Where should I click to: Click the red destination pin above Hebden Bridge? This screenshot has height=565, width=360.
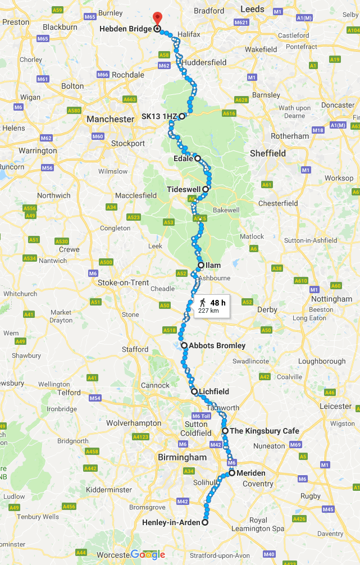tap(157, 17)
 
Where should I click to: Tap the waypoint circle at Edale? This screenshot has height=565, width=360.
tap(198, 159)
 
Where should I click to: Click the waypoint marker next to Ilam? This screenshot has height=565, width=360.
tap(201, 265)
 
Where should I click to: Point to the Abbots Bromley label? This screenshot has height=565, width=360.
tap(217, 345)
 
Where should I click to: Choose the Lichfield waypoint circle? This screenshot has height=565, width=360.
tap(194, 391)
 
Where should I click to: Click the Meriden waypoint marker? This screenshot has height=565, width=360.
tap(231, 473)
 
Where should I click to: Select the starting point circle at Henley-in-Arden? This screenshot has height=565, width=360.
tap(204, 522)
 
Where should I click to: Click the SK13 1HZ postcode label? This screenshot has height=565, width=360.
tap(159, 117)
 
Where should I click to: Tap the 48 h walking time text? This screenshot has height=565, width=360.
tap(218, 303)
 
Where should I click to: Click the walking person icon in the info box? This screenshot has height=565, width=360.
tap(202, 303)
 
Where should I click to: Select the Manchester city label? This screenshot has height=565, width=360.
tap(110, 119)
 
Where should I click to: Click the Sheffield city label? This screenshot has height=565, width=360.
tap(268, 153)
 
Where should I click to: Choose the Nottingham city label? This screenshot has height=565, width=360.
tap(331, 299)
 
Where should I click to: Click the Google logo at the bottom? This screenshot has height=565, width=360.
tap(148, 555)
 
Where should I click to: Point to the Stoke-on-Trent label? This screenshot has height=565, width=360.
tap(124, 282)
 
